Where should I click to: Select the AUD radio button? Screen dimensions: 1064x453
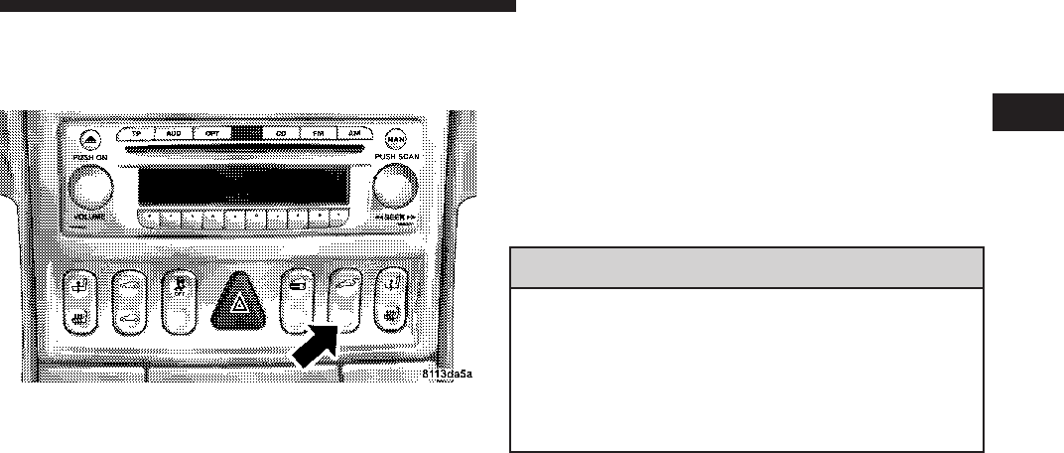coord(173,132)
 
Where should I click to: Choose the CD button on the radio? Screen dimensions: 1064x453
coord(281,132)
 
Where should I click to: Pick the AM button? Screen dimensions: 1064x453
coord(354,132)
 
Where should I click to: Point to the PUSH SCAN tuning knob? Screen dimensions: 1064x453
coord(395,185)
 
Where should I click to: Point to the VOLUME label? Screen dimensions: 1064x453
coord(93,216)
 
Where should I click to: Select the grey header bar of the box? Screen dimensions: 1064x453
coord(744,266)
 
